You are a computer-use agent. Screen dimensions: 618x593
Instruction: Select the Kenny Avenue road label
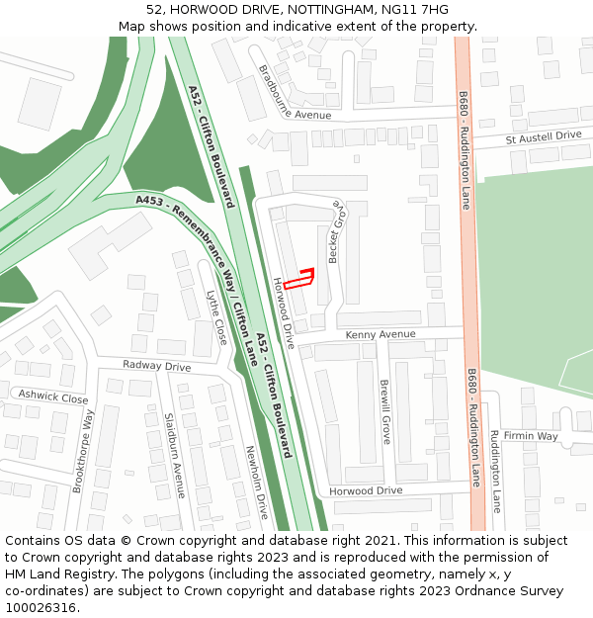tap(381, 335)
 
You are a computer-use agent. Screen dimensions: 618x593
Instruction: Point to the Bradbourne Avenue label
tap(294, 93)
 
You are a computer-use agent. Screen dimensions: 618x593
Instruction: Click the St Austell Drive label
tap(544, 136)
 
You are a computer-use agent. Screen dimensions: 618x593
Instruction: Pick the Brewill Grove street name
tap(384, 411)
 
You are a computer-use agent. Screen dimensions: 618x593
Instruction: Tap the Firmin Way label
tap(531, 436)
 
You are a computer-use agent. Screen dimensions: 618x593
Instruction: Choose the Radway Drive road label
tap(156, 366)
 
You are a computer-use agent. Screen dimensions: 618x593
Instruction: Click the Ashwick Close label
tap(53, 397)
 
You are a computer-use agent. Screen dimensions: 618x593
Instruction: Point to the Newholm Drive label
tap(256, 483)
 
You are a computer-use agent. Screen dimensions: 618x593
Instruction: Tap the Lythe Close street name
tap(216, 316)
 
